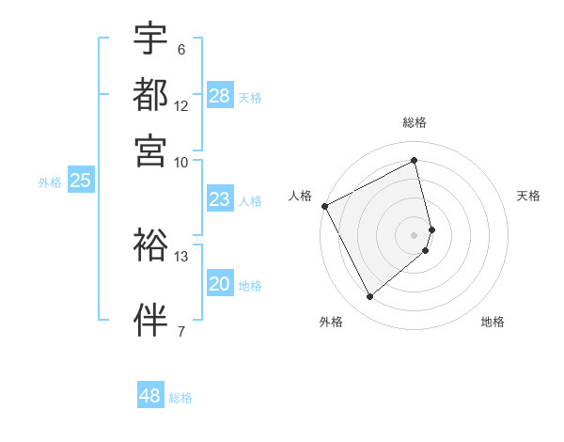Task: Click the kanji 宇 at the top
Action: (x=150, y=39)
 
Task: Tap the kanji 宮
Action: (x=150, y=150)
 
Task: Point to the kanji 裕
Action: (x=150, y=245)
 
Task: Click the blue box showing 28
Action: (x=220, y=96)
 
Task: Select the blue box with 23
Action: (x=219, y=199)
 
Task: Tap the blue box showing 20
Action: (x=219, y=285)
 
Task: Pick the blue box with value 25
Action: (x=80, y=182)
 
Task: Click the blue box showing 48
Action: (x=150, y=396)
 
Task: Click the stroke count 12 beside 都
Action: (x=181, y=105)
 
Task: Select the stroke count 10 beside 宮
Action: (x=181, y=161)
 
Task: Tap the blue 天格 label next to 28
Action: (x=250, y=97)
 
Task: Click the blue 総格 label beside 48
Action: (x=180, y=397)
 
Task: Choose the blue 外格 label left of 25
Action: (x=50, y=182)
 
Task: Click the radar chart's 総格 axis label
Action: (x=415, y=122)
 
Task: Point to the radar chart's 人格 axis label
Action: (x=300, y=196)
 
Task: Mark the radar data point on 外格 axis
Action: (x=369, y=297)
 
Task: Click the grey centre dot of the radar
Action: (x=415, y=234)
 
